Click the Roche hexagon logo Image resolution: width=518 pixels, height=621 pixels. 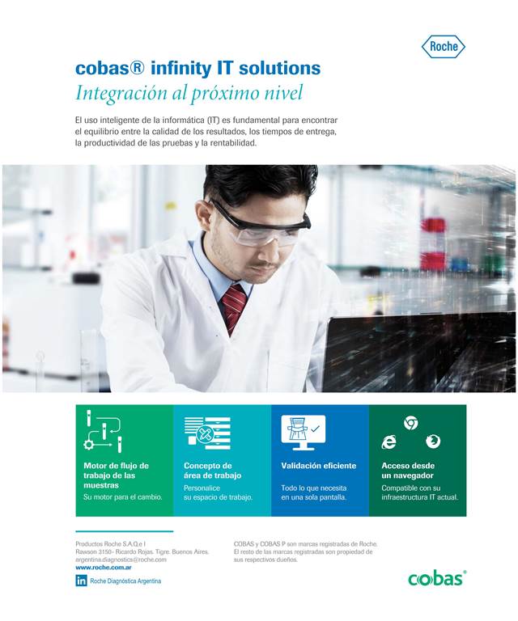click(443, 46)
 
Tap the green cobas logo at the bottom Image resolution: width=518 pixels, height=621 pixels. click(437, 579)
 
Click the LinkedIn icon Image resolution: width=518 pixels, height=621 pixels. click(81, 581)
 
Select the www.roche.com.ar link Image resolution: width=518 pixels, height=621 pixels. click(104, 567)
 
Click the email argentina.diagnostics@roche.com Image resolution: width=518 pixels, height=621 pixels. click(121, 560)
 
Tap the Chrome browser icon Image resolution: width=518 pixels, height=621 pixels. click(410, 424)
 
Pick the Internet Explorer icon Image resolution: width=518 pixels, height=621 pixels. click(388, 441)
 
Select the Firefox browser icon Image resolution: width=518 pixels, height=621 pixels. click(433, 441)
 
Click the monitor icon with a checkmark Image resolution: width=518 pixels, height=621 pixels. click(304, 433)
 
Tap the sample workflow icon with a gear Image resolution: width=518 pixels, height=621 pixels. click(103, 432)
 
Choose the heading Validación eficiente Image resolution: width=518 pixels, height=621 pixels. click(319, 466)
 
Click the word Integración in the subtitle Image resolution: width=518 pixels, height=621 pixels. click(121, 94)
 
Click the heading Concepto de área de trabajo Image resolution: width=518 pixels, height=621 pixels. click(212, 471)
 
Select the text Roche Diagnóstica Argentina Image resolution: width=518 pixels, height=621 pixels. click(125, 581)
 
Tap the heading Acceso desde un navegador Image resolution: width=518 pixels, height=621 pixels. click(408, 471)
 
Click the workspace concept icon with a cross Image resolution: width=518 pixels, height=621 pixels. click(207, 433)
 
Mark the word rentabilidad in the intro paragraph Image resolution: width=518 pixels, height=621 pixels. click(233, 143)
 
